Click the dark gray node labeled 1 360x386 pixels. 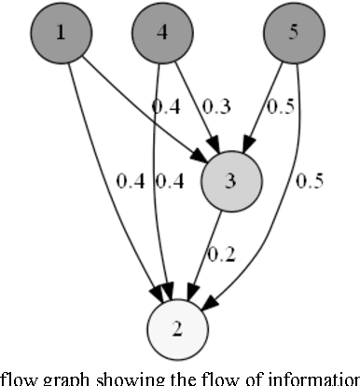(x=61, y=34)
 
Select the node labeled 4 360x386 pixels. (x=161, y=34)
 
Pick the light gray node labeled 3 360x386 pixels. (x=229, y=181)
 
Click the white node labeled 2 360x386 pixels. (x=178, y=328)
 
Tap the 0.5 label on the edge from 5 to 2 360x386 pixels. (x=309, y=181)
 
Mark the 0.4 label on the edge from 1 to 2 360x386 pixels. (x=131, y=181)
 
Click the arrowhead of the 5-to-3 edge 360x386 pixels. (x=245, y=147)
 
